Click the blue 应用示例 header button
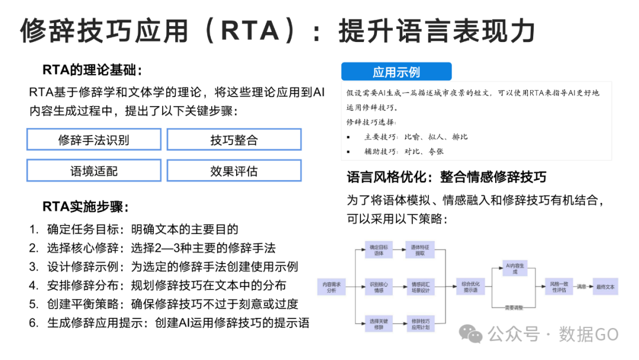396,72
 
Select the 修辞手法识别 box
93,140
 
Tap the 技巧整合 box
234,140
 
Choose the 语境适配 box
93,171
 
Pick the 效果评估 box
234,171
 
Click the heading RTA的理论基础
92,70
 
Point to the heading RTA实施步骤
86,207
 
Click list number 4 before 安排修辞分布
34,285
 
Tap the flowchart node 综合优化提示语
470,287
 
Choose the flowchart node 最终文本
605,287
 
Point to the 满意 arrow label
582,287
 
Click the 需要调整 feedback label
514,307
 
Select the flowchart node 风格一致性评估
559,287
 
